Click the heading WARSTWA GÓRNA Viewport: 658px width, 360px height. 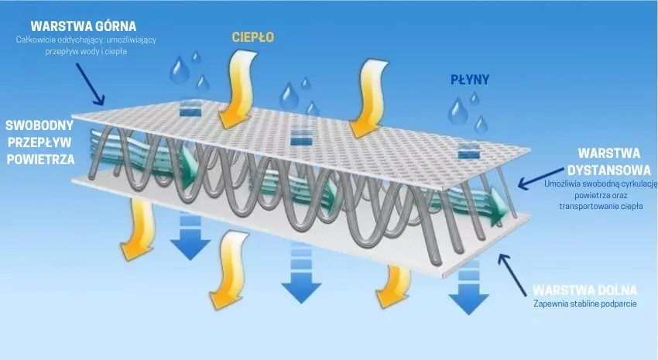84,26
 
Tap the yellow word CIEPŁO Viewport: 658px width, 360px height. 253,37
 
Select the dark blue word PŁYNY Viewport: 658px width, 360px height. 470,80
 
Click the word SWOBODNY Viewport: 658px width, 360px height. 39,125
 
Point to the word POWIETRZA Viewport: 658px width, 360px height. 41,159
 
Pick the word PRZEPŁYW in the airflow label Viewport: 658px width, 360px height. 39,142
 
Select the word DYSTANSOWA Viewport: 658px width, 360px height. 609,170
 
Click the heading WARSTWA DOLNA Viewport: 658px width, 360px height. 585,290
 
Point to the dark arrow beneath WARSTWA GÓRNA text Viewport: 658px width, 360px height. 91,84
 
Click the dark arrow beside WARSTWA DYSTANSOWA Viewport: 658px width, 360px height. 541,178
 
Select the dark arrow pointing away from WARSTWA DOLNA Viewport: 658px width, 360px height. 512,274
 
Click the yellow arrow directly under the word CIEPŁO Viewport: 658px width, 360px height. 237,88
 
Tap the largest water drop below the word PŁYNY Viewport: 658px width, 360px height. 458,111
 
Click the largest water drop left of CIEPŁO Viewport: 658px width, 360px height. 179,70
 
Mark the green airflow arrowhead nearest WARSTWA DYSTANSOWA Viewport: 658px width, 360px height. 499,207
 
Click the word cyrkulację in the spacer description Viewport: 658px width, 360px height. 637,183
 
